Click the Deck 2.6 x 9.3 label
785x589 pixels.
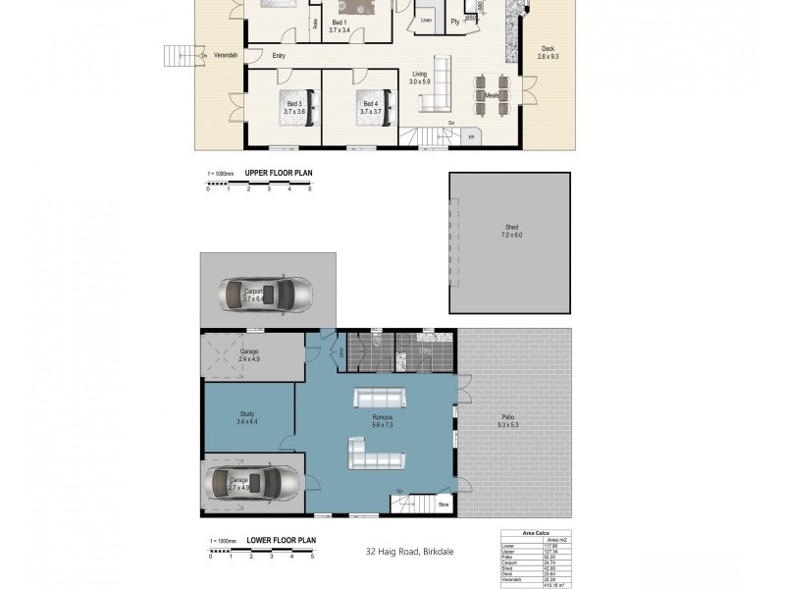click(548, 53)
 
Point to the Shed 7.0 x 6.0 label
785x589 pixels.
click(511, 232)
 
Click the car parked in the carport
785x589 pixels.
click(265, 293)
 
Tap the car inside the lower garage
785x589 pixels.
click(253, 482)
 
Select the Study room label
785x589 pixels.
click(247, 417)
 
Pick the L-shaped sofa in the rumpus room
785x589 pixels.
click(374, 454)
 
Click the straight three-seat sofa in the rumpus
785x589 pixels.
click(380, 398)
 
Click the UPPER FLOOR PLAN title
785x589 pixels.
click(278, 173)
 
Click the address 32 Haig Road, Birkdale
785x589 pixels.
click(402, 554)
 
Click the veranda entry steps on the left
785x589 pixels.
click(180, 55)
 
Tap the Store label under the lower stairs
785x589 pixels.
click(444, 506)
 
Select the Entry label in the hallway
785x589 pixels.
click(279, 55)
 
